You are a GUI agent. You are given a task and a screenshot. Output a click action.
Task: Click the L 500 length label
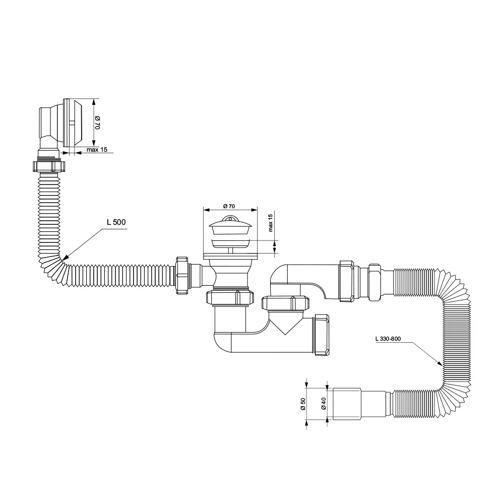coord(116,222)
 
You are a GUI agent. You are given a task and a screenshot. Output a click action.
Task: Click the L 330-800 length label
coord(388,339)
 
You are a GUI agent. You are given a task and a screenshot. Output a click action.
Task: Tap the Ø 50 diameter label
coord(303,404)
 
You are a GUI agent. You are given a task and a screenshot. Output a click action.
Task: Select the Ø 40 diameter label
coord(324,404)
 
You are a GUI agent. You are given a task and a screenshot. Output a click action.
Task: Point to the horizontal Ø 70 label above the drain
coord(229,206)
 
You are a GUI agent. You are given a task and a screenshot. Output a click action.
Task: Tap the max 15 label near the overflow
coord(97,150)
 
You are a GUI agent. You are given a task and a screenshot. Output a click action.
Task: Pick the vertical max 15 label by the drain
coord(270,223)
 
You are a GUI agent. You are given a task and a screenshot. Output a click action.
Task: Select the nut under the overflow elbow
coord(49,166)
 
